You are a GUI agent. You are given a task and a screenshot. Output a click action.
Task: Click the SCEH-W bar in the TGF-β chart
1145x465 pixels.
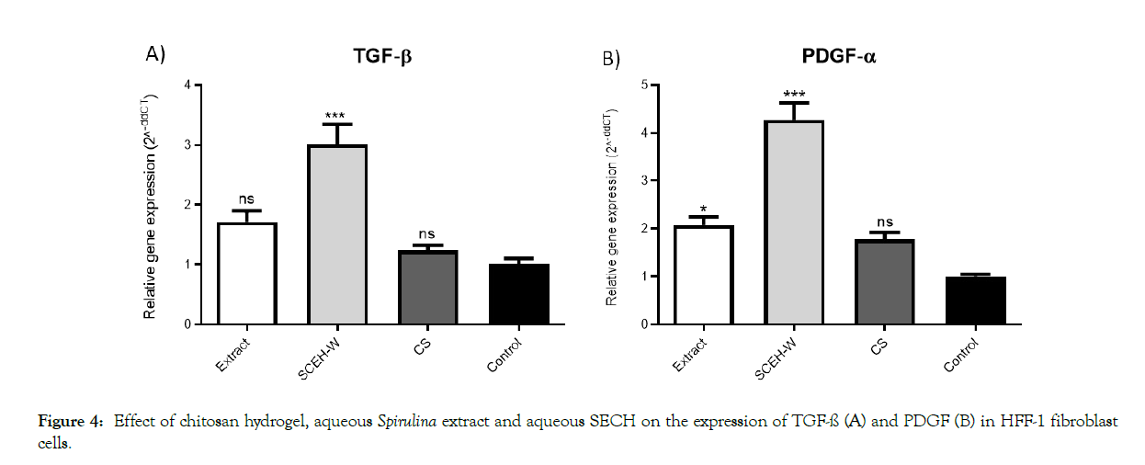pyautogui.click(x=337, y=235)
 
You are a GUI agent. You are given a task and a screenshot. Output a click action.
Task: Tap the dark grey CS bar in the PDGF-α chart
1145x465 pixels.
pyautogui.click(x=884, y=282)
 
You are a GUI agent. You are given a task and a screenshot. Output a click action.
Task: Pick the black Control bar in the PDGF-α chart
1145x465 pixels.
pyautogui.click(x=975, y=301)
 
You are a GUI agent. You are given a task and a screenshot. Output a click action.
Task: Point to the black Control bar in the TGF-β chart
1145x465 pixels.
pyautogui.click(x=519, y=294)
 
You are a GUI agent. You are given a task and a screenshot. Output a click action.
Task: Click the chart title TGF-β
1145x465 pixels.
pyautogui.click(x=382, y=58)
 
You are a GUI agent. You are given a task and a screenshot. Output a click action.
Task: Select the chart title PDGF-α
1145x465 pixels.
pyautogui.click(x=838, y=58)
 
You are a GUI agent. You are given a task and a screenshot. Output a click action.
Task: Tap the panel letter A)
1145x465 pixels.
pyautogui.click(x=156, y=54)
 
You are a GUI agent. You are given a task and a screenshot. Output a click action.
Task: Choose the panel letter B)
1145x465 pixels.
pyautogui.click(x=611, y=60)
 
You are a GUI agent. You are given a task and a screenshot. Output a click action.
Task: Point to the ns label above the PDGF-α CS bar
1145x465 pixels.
pyautogui.click(x=884, y=221)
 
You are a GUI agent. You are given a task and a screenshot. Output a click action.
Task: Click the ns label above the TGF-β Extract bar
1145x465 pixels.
pyautogui.click(x=246, y=198)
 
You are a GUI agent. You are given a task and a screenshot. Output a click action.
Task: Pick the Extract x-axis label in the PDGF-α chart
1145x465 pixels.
pyautogui.click(x=690, y=355)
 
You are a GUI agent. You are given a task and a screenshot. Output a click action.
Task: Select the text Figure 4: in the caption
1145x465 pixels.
pyautogui.click(x=69, y=422)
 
